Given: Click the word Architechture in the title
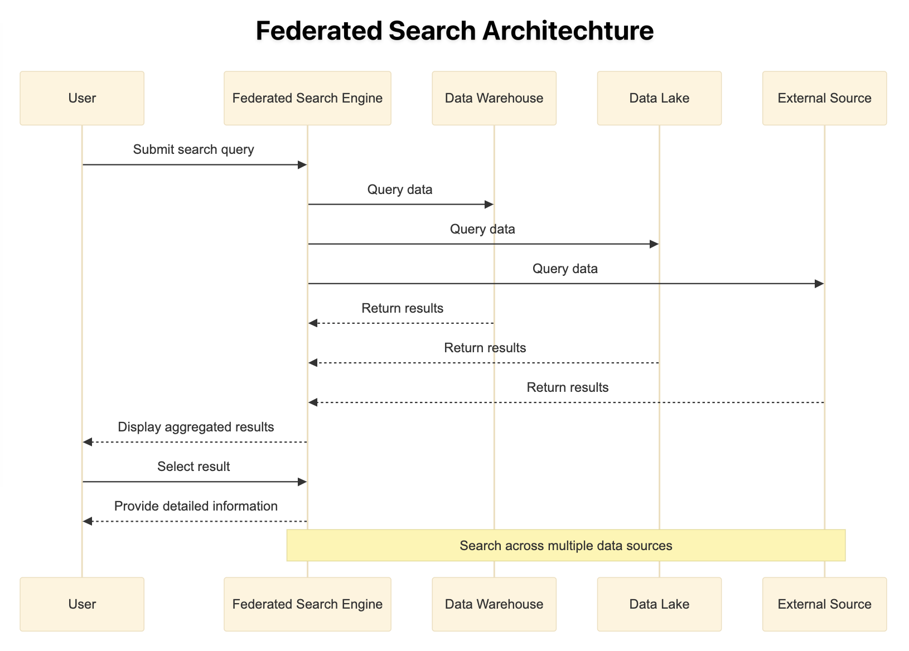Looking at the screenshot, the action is point(568,31).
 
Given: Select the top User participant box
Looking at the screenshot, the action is point(82,98).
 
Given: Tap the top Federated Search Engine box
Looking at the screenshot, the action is point(307,98).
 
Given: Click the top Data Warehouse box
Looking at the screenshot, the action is point(494,98).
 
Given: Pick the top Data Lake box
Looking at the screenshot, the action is point(659,98).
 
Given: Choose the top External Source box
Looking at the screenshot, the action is point(824,98).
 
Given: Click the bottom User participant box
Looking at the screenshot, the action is point(82,604).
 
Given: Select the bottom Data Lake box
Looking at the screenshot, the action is point(659,604).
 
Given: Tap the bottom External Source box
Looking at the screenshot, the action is point(824,604).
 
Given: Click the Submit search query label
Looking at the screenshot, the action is point(194,150).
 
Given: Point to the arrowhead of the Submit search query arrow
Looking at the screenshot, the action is point(302,164).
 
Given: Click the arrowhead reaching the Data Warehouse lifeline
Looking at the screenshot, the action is point(489,205).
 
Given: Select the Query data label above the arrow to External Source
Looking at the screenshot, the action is point(565,269).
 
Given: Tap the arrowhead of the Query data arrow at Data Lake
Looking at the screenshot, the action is point(654,244).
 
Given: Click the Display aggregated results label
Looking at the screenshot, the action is point(196,427).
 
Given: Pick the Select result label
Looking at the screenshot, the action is point(194,467).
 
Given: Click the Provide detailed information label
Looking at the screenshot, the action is point(196,506).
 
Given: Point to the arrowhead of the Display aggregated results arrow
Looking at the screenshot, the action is point(87,441).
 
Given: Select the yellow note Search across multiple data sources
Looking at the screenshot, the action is point(565,545).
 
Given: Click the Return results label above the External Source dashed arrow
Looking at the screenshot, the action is point(567,387).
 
